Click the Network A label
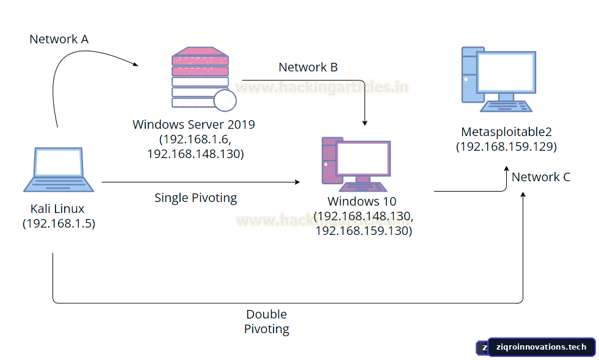click(59, 39)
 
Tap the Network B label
click(308, 67)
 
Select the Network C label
click(540, 177)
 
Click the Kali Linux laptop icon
click(59, 170)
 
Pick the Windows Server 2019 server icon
click(203, 79)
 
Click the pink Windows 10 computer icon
click(356, 164)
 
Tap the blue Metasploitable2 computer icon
click(498, 79)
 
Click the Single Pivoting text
click(195, 198)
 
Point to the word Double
click(266, 314)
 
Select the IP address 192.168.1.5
click(59, 223)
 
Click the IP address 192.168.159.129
click(506, 146)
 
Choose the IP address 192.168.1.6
click(194, 139)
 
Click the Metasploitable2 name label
click(506, 132)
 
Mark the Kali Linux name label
click(57, 209)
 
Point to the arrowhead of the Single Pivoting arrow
click(297, 182)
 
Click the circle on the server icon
click(225, 101)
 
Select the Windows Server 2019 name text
click(194, 124)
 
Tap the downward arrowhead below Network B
click(365, 123)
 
